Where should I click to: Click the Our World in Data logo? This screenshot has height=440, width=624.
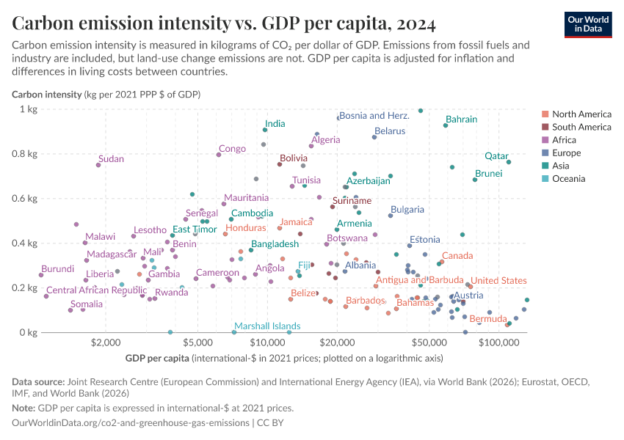point(588,24)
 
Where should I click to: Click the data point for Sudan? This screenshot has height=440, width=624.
point(98,165)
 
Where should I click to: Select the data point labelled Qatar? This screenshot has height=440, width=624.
point(509,162)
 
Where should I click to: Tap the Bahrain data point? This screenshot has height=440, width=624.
point(446,125)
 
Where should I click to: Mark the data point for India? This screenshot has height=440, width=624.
point(265,130)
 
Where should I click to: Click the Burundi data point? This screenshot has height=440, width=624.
point(41,275)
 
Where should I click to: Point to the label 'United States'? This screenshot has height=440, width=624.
point(498,281)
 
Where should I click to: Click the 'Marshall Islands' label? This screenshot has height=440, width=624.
point(267,326)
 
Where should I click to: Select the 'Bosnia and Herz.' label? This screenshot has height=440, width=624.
point(374,116)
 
